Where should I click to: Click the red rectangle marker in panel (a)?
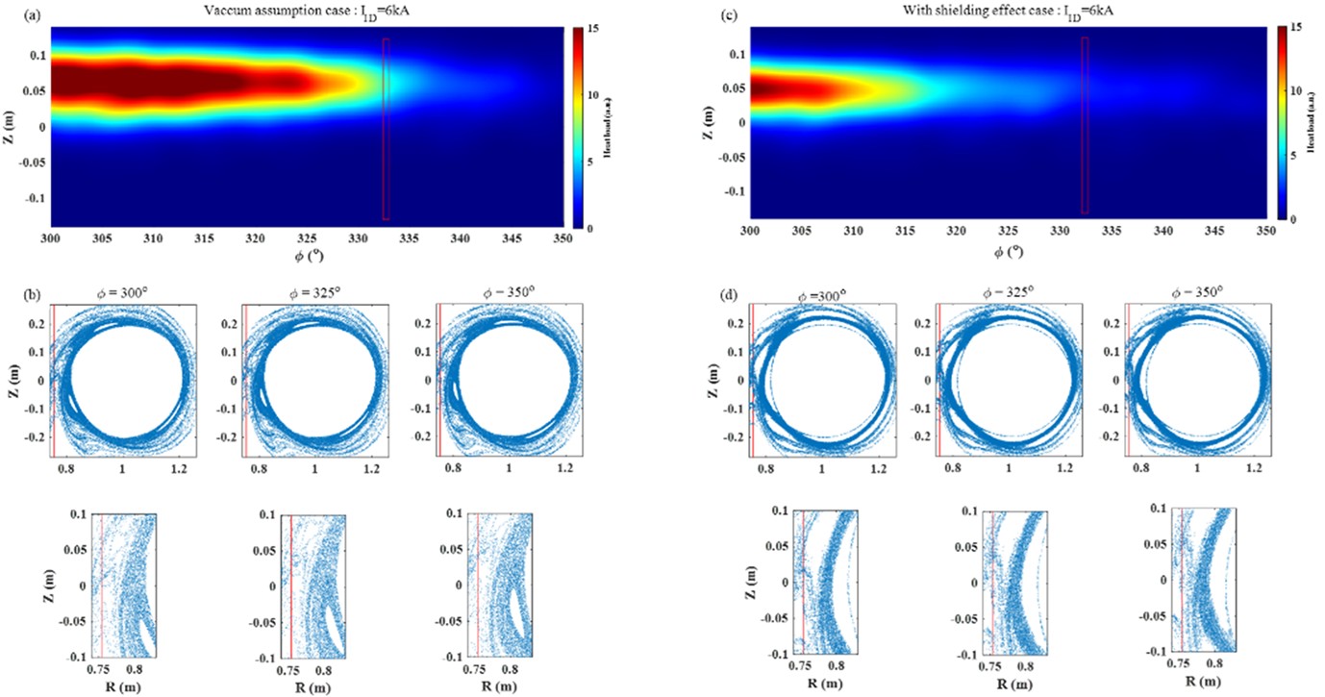(x=386, y=129)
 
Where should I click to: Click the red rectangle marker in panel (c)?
(x=1085, y=125)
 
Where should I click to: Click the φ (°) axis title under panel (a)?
(x=307, y=257)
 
